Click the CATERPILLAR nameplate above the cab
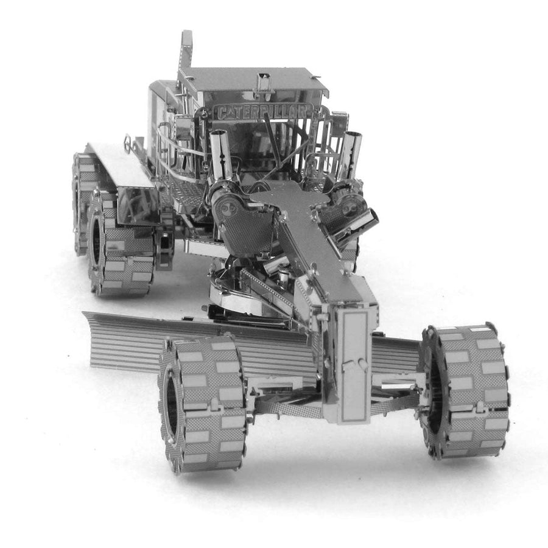tap(262, 112)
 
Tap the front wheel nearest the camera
tap(203, 403)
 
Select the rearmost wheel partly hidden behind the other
tap(82, 201)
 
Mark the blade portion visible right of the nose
tap(396, 353)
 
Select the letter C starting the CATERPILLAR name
tap(220, 113)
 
